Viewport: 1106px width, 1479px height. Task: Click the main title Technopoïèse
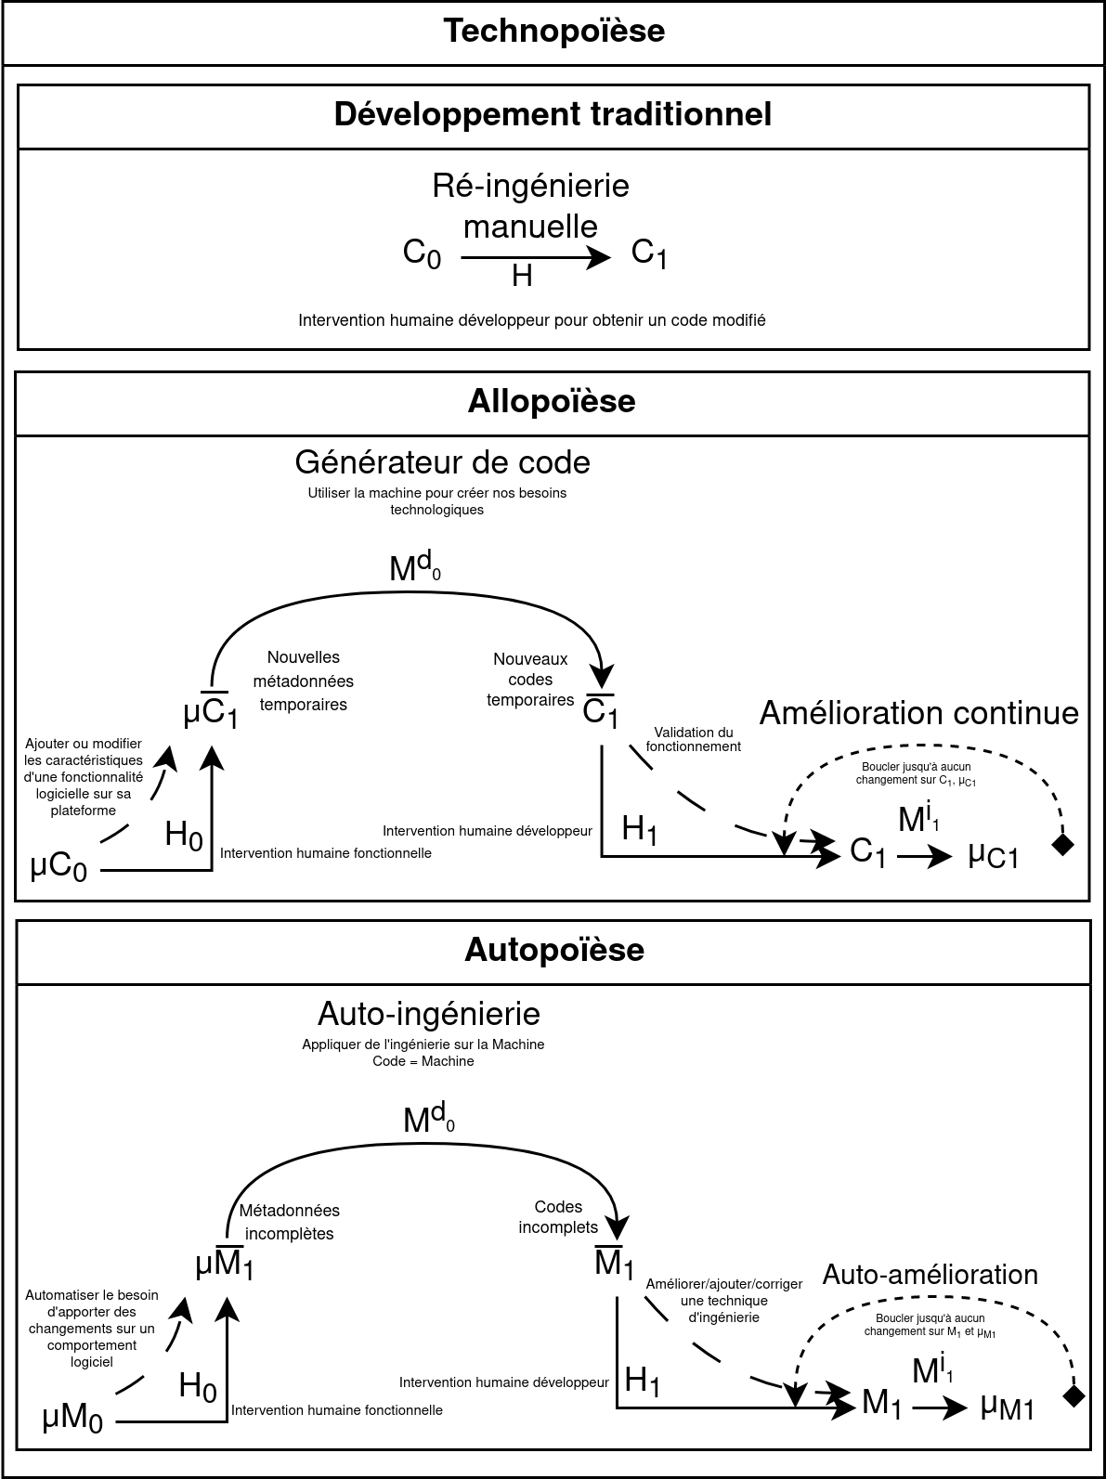[x=553, y=31]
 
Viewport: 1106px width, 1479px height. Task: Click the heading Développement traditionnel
[x=553, y=114]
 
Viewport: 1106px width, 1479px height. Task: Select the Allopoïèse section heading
[x=552, y=401]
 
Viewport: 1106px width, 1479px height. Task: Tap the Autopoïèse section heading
[x=553, y=950]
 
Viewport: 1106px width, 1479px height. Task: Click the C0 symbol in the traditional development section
[x=422, y=253]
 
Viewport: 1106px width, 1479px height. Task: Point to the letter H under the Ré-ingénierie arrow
[x=522, y=276]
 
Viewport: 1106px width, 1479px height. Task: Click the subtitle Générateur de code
[x=442, y=461]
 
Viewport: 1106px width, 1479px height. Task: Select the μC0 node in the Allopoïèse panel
[x=59, y=868]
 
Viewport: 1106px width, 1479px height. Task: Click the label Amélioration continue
[x=918, y=713]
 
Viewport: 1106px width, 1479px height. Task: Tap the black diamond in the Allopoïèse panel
[x=1062, y=844]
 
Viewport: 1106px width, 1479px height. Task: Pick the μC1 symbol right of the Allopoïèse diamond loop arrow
[x=993, y=854]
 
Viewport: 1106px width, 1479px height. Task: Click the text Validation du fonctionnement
[x=694, y=739]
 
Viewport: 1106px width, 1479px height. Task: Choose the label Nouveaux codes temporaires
[x=530, y=680]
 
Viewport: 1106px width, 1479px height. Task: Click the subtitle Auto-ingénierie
[x=428, y=1012]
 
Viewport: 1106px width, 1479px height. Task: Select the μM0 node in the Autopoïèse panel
[x=72, y=1419]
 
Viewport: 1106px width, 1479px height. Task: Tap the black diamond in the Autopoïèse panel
[x=1073, y=1396]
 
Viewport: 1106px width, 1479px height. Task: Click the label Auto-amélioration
[x=930, y=1275]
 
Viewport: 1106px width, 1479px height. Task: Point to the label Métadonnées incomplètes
[x=289, y=1222]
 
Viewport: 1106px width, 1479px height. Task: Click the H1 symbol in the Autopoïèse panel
[x=643, y=1382]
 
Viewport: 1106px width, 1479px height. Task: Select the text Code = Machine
[x=423, y=1061]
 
